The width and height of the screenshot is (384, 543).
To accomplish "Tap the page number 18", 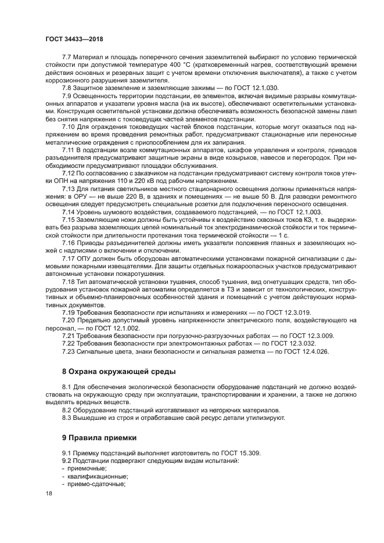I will pyautogui.click(x=49, y=493).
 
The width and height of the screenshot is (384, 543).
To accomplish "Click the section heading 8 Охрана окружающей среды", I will pyautogui.click(x=119, y=371).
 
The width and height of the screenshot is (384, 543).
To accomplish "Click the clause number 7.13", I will pyautogui.click(x=68, y=189).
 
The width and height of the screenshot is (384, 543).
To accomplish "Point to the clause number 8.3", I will pyautogui.click(x=66, y=417).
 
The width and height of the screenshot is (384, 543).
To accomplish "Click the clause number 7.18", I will pyautogui.click(x=68, y=281).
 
